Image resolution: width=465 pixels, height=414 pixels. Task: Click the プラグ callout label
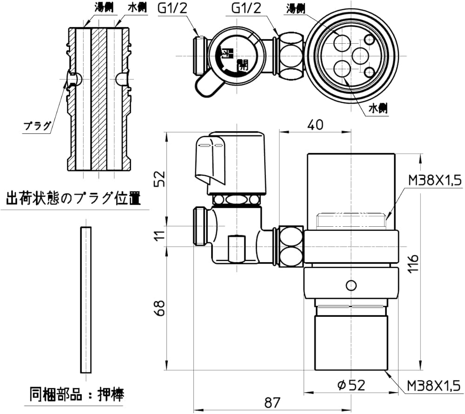pyautogui.click(x=37, y=126)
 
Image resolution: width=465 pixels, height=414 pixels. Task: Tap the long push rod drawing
pyautogui.click(x=86, y=300)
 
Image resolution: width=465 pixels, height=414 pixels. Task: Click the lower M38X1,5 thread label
pyautogui.click(x=433, y=386)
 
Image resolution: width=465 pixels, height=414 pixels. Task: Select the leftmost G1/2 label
pyautogui.click(x=172, y=8)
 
